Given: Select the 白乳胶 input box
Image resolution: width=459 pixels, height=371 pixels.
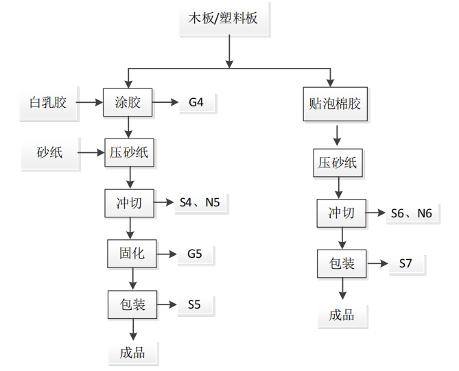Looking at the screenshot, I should [x=48, y=103].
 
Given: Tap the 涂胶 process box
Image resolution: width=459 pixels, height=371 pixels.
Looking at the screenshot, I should [x=128, y=103].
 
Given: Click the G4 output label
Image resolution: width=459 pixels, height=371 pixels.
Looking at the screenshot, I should [x=196, y=103].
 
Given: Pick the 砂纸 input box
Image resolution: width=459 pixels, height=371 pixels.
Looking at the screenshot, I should [x=50, y=152].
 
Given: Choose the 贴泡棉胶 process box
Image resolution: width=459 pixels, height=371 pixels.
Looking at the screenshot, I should [x=336, y=105].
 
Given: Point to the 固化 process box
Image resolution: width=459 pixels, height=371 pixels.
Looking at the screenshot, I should [x=131, y=253].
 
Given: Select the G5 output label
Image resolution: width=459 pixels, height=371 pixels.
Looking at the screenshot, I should [x=195, y=254].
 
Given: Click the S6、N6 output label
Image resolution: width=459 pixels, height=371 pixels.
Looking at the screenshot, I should [x=411, y=213].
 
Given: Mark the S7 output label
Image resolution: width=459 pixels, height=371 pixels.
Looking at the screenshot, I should [x=407, y=263].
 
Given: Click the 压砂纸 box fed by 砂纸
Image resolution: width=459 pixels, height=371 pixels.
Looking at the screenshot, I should [x=129, y=153].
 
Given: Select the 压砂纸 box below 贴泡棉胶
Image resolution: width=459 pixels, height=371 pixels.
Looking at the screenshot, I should [x=337, y=163].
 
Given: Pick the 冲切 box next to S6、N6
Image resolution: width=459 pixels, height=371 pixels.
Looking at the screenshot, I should [x=341, y=213].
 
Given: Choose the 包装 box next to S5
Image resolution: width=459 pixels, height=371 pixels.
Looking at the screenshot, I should [x=132, y=304].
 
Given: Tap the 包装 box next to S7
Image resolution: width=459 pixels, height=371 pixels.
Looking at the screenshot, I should [x=342, y=263].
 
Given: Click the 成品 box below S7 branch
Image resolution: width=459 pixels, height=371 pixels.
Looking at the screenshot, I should [x=342, y=315].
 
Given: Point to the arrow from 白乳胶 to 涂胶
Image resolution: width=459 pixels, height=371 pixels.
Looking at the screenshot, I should [x=89, y=103].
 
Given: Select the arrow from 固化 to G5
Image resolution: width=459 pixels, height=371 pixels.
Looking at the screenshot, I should [x=165, y=254].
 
